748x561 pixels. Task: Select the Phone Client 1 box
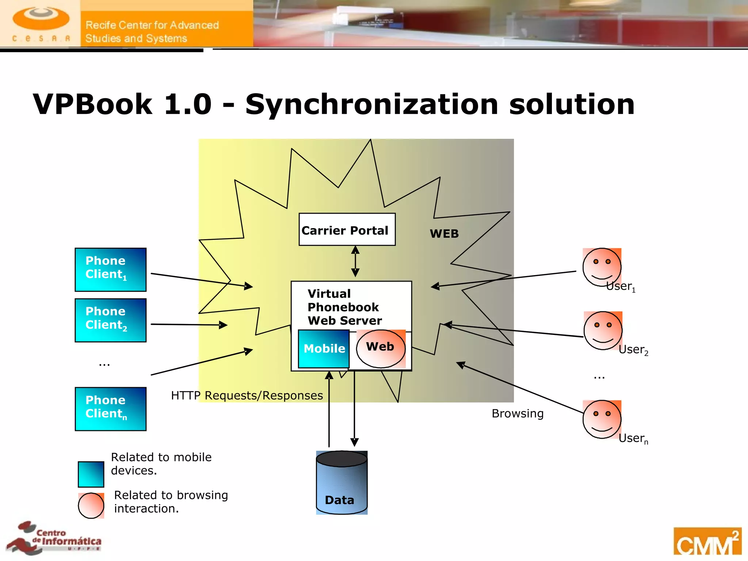110,270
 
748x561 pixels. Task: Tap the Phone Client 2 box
110,320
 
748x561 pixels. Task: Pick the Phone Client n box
110,409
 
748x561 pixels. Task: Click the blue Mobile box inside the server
324,349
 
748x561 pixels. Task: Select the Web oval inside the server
381,348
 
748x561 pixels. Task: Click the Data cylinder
341,483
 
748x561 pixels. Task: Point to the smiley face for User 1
602,267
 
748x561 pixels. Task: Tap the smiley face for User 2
603,331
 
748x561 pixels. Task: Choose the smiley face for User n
602,419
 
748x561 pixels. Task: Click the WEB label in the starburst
444,234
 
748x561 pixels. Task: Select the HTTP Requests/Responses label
247,396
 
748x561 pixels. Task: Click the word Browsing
518,413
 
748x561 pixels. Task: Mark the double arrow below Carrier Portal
355,261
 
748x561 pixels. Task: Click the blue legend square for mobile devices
91,474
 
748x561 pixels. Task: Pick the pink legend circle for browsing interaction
91,505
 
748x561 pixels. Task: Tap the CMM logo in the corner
707,542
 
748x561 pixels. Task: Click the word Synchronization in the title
372,104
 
